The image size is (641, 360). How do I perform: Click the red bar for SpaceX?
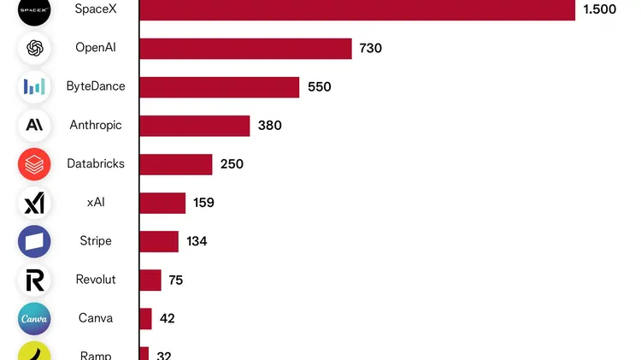[356, 9]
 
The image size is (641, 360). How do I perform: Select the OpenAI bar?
[245, 49]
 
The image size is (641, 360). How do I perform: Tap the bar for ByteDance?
[219, 87]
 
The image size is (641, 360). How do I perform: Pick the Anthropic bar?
[194, 126]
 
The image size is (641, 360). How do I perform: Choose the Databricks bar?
[175, 164]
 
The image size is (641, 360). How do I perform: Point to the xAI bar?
[162, 203]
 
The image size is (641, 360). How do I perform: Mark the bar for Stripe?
[159, 241]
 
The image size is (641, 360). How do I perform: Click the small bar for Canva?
[145, 318]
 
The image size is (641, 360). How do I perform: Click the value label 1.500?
[599, 9]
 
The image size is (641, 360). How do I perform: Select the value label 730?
[370, 49]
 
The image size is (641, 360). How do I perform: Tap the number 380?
[269, 126]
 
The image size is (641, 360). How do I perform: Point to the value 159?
[203, 203]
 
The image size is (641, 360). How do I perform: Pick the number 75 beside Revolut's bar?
[175, 280]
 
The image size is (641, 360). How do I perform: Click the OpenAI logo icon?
[34, 49]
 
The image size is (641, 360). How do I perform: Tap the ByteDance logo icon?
[34, 87]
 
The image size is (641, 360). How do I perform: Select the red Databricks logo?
[34, 164]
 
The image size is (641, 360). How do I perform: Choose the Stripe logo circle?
[34, 241]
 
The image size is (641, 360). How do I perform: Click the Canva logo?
[34, 318]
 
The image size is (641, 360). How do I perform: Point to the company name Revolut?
[96, 280]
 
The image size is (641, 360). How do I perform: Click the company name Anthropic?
[96, 126]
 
